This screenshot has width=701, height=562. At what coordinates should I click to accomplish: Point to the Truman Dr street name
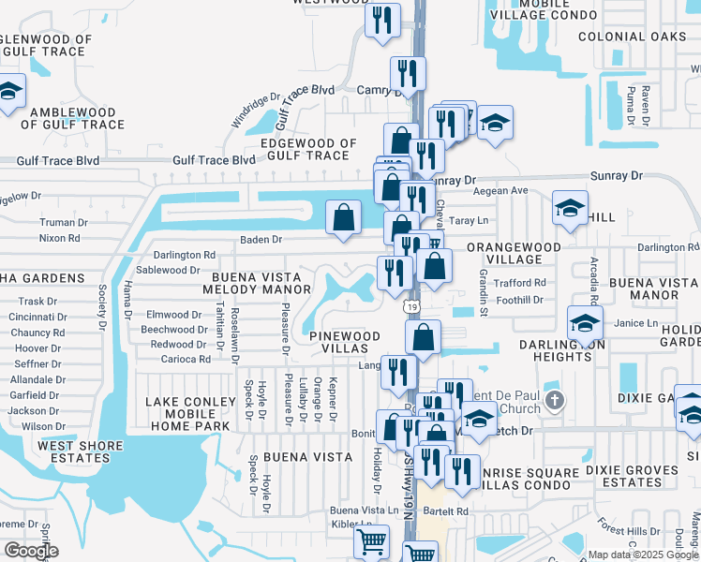64,223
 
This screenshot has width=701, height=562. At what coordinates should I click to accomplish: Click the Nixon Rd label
60,239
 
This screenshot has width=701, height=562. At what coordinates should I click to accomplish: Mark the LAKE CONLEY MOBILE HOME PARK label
187,413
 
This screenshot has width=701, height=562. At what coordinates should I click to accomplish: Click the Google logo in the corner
32,551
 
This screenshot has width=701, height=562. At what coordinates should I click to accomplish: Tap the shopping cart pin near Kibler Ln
372,541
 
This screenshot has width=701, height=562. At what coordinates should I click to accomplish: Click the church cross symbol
555,401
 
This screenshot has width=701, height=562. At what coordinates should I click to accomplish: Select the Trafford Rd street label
520,283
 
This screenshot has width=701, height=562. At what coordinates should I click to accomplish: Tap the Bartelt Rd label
445,512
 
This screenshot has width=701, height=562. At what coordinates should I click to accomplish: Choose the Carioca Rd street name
186,359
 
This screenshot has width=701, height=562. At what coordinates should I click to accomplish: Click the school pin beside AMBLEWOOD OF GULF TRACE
8,92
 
